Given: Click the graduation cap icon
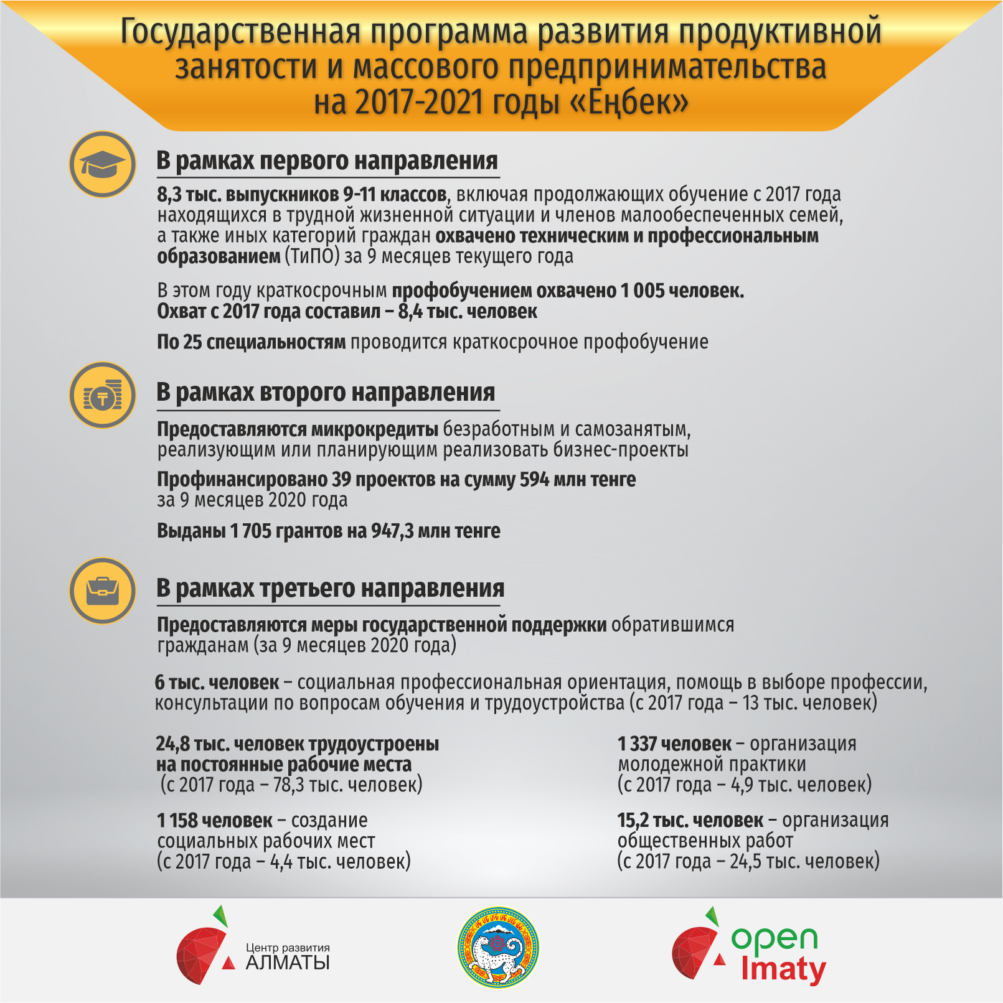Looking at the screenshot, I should [x=102, y=164].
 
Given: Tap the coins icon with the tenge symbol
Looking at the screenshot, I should [x=102, y=396].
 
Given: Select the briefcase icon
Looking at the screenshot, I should [x=102, y=590].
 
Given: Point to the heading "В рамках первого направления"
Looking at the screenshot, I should [x=327, y=161].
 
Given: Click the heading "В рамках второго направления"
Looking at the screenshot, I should [x=326, y=393].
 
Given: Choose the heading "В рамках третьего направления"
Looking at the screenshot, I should [x=330, y=589].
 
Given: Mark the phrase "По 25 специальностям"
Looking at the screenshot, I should [x=251, y=342].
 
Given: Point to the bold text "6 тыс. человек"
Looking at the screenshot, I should [x=217, y=683].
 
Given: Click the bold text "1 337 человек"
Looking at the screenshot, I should [x=674, y=744].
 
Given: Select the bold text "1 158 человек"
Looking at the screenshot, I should [x=215, y=821].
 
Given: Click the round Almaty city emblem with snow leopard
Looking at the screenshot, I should [x=498, y=947].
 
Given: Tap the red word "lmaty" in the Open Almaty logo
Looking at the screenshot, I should [x=783, y=970].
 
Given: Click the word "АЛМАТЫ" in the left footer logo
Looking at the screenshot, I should [x=288, y=963].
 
